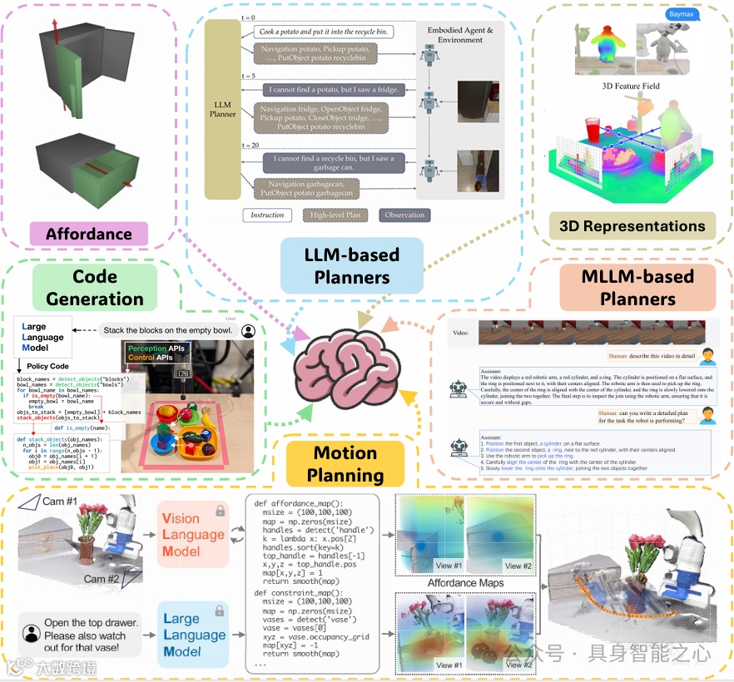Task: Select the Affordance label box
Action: coord(88,234)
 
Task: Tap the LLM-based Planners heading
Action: coord(351,265)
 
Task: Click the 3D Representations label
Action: coord(632,225)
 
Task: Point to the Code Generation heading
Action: coord(96,288)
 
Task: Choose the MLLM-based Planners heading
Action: coord(638,286)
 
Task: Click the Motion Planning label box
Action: coord(345,464)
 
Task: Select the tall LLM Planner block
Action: coord(223,109)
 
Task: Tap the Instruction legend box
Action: coord(268,215)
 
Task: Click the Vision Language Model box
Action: coord(192,535)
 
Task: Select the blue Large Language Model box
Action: coord(192,635)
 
